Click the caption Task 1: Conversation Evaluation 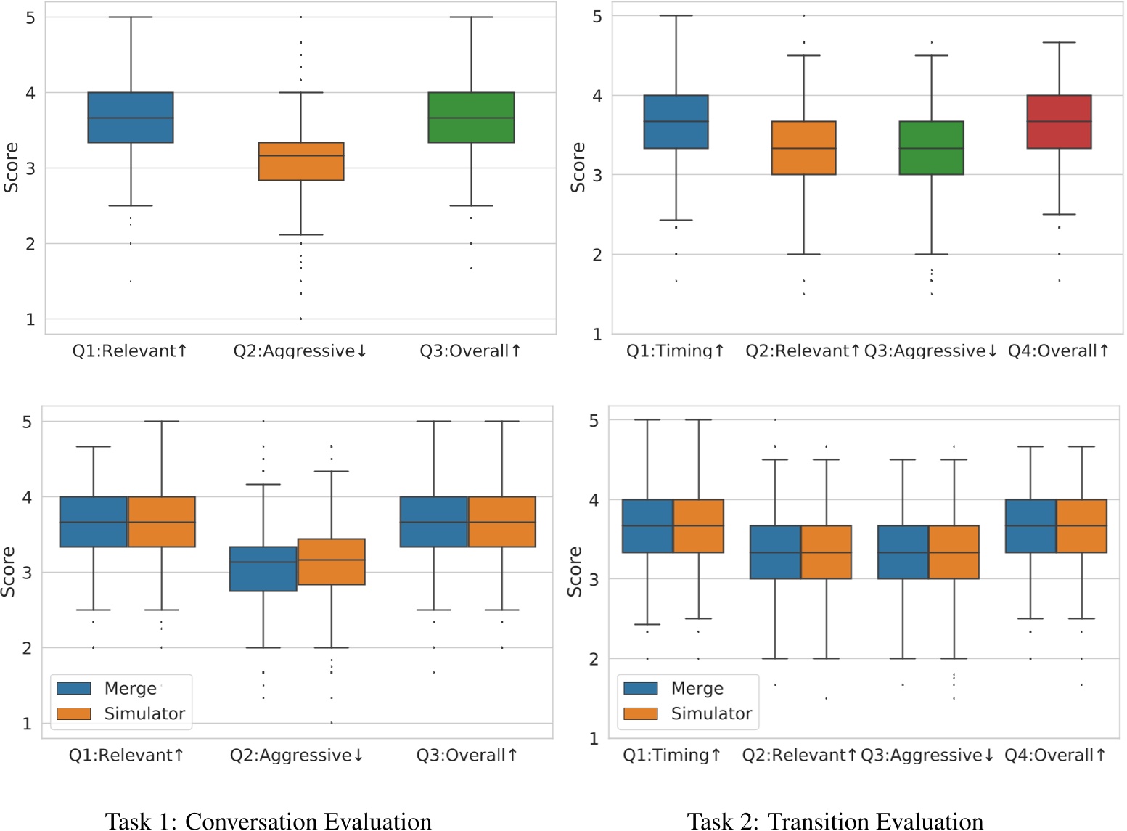pos(269,821)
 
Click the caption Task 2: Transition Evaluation pos(835,821)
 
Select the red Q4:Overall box pos(1059,122)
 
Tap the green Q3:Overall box pos(471,118)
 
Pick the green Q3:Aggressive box pos(931,148)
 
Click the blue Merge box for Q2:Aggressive pos(263,569)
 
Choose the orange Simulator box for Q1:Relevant pos(161,522)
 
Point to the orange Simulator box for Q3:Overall pos(501,522)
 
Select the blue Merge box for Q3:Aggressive pos(903,552)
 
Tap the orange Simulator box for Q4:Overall pos(1081,526)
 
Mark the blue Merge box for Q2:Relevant pos(775,552)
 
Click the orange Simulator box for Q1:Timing pos(698,526)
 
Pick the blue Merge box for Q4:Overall pos(1030,526)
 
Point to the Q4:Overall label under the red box pos(1058,351)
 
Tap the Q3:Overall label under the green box pos(470,351)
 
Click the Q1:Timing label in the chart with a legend pos(672,756)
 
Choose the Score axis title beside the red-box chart pos(578,168)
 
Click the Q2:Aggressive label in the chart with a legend pos(297,756)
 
